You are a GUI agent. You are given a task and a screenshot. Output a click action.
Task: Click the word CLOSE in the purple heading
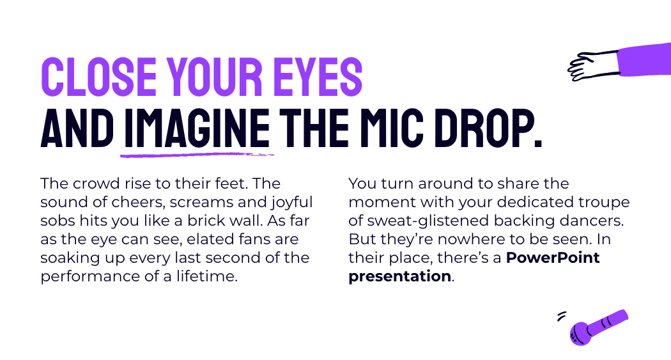pyautogui.click(x=99, y=77)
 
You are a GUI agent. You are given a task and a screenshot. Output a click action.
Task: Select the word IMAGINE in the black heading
pyautogui.click(x=197, y=127)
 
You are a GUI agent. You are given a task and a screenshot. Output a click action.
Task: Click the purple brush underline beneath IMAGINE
pyautogui.click(x=197, y=155)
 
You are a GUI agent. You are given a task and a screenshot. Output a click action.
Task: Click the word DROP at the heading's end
pyautogui.click(x=488, y=127)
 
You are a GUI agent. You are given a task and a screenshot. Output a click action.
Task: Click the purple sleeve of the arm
pyautogui.click(x=644, y=60)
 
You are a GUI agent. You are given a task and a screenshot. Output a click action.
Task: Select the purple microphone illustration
pyautogui.click(x=599, y=327)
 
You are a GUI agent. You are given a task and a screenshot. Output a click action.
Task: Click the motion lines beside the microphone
pyautogui.click(x=562, y=316)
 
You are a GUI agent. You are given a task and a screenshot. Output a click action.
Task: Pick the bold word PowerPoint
pyautogui.click(x=553, y=258)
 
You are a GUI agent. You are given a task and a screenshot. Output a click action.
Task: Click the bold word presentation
pyautogui.click(x=399, y=276)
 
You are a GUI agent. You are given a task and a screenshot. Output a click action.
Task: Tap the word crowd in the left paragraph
pyautogui.click(x=96, y=184)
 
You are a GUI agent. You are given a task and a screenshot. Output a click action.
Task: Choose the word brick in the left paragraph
pyautogui.click(x=208, y=221)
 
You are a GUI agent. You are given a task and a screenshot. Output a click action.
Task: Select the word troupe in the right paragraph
pyautogui.click(x=604, y=203)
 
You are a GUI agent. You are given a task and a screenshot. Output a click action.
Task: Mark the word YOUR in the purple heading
pyautogui.click(x=214, y=77)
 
